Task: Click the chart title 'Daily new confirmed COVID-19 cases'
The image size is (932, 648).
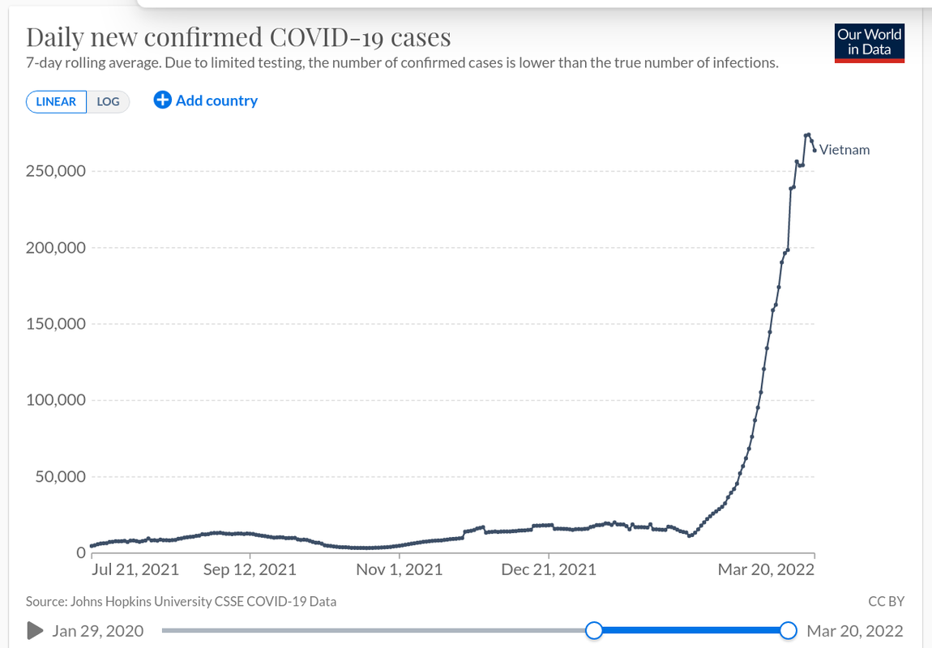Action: [238, 37]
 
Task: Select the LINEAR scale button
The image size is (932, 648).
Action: [56, 101]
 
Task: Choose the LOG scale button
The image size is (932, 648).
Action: [108, 101]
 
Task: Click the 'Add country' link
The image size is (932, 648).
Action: [216, 100]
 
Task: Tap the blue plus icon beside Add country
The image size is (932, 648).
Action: [162, 100]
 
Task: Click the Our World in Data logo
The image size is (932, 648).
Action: [869, 43]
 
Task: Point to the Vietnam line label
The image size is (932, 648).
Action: [844, 150]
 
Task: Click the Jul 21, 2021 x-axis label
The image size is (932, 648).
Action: [135, 569]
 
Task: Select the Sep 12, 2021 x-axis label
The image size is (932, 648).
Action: [250, 569]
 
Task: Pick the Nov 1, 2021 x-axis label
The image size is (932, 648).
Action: [400, 569]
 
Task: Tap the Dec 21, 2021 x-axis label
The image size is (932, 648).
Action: [549, 569]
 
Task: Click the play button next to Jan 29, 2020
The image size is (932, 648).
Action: [35, 630]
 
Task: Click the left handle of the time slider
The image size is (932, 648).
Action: [594, 630]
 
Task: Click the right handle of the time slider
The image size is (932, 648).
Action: [788, 630]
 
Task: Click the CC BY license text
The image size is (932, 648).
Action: [885, 601]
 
